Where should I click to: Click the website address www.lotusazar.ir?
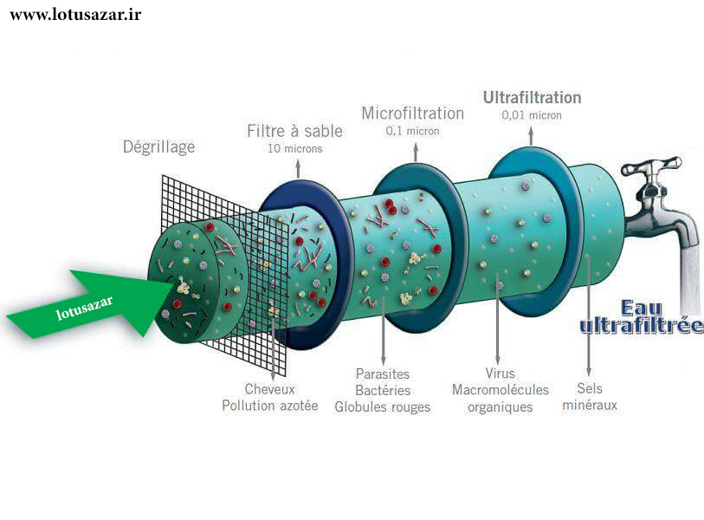(x=75, y=15)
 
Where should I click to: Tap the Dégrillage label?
(x=159, y=147)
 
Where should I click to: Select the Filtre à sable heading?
(x=294, y=131)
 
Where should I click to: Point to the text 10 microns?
(x=295, y=149)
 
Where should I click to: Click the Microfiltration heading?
(x=412, y=114)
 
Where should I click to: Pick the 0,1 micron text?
(x=412, y=131)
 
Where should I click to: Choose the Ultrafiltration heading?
(x=532, y=98)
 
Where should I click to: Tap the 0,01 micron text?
(x=532, y=115)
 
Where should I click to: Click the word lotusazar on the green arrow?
(x=84, y=308)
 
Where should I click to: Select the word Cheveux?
(x=270, y=389)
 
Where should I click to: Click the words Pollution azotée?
(x=270, y=406)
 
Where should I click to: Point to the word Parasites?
(x=383, y=374)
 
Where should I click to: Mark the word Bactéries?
(x=383, y=390)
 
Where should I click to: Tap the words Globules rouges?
(x=383, y=407)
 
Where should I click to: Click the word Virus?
(x=500, y=373)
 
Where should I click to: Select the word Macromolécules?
(x=501, y=390)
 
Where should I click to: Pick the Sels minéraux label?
(x=590, y=396)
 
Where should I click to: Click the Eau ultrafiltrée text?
(x=641, y=317)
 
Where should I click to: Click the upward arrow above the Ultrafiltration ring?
(x=531, y=135)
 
